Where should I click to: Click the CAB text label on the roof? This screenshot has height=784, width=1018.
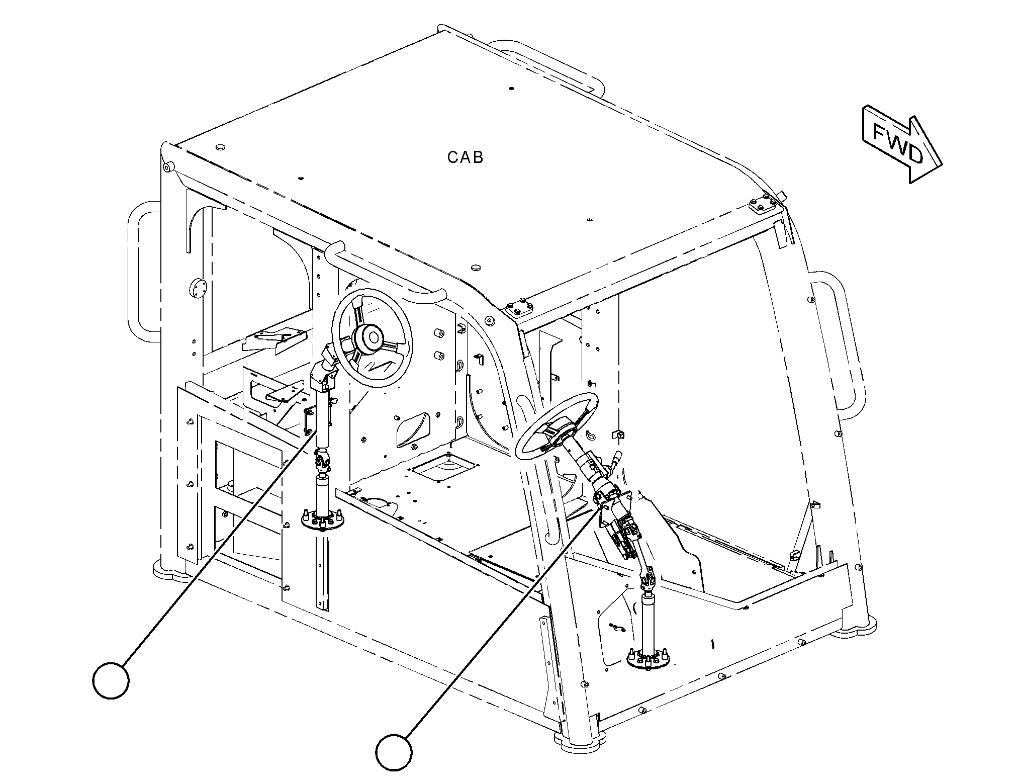[465, 157]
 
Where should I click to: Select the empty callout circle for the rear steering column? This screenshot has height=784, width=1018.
[111, 680]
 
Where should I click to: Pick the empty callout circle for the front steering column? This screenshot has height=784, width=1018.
[394, 752]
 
